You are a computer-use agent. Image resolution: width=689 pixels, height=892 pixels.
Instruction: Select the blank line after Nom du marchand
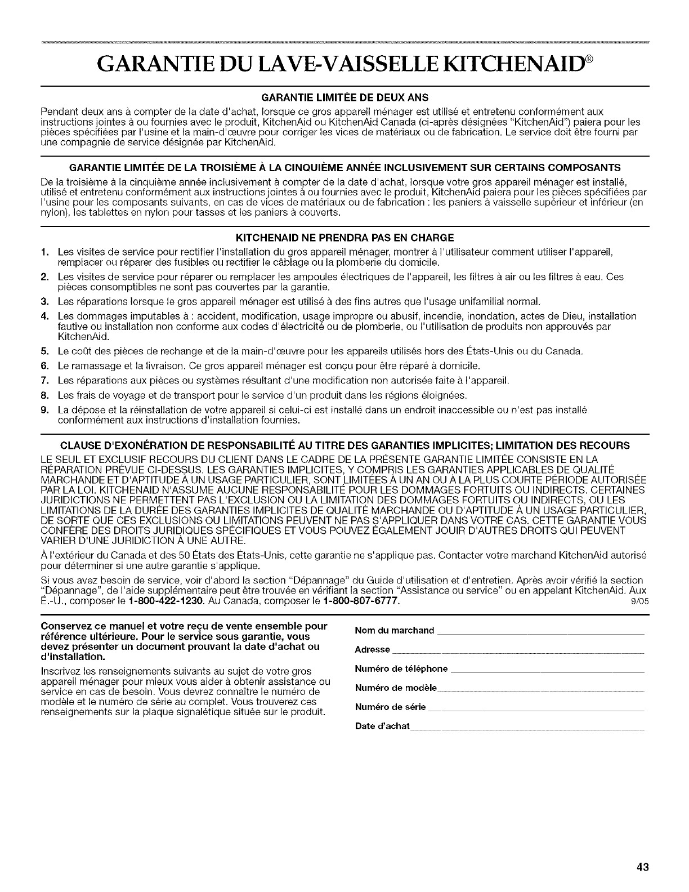coord(540,632)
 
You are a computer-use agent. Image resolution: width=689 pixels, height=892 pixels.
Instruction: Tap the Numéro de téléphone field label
coord(401,669)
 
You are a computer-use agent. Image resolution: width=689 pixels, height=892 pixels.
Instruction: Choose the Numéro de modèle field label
coord(396,688)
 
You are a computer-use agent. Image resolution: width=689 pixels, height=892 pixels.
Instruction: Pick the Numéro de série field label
coord(390,707)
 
